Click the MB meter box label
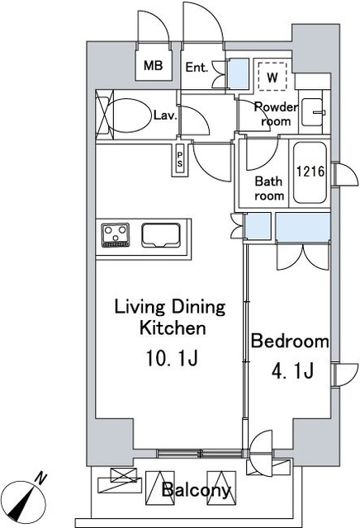[153, 65]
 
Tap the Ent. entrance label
[197, 68]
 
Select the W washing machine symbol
[272, 77]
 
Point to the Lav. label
[165, 115]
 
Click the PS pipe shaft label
[180, 159]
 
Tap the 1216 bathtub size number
[310, 171]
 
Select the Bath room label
[269, 188]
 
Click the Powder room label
[276, 114]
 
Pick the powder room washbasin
[312, 112]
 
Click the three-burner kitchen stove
[116, 234]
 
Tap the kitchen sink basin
[161, 235]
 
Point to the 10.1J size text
[172, 358]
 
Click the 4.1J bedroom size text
[292, 370]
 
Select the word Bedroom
[290, 341]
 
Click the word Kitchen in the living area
[173, 328]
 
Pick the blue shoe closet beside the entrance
[239, 73]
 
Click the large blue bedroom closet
[303, 227]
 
